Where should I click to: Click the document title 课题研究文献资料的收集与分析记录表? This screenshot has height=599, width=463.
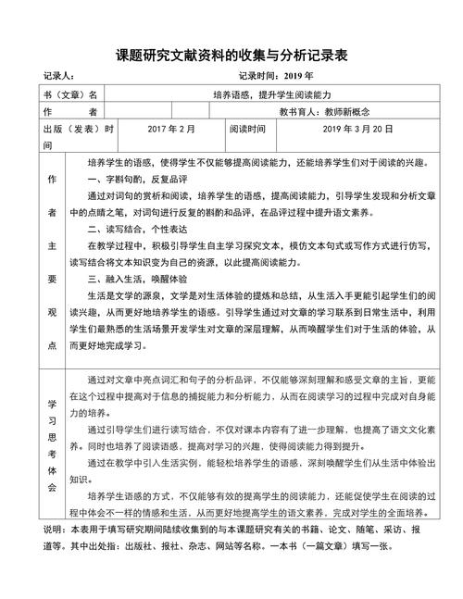pyautogui.click(x=231, y=56)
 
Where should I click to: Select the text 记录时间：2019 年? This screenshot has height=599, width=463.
pyautogui.click(x=276, y=77)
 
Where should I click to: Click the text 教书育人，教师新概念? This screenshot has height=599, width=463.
pyautogui.click(x=336, y=113)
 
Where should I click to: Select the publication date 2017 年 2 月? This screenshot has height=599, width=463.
pyautogui.click(x=170, y=130)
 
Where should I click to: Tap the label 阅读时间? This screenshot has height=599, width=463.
pyautogui.click(x=248, y=130)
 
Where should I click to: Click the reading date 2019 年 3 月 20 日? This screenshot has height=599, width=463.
pyautogui.click(x=346, y=130)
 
